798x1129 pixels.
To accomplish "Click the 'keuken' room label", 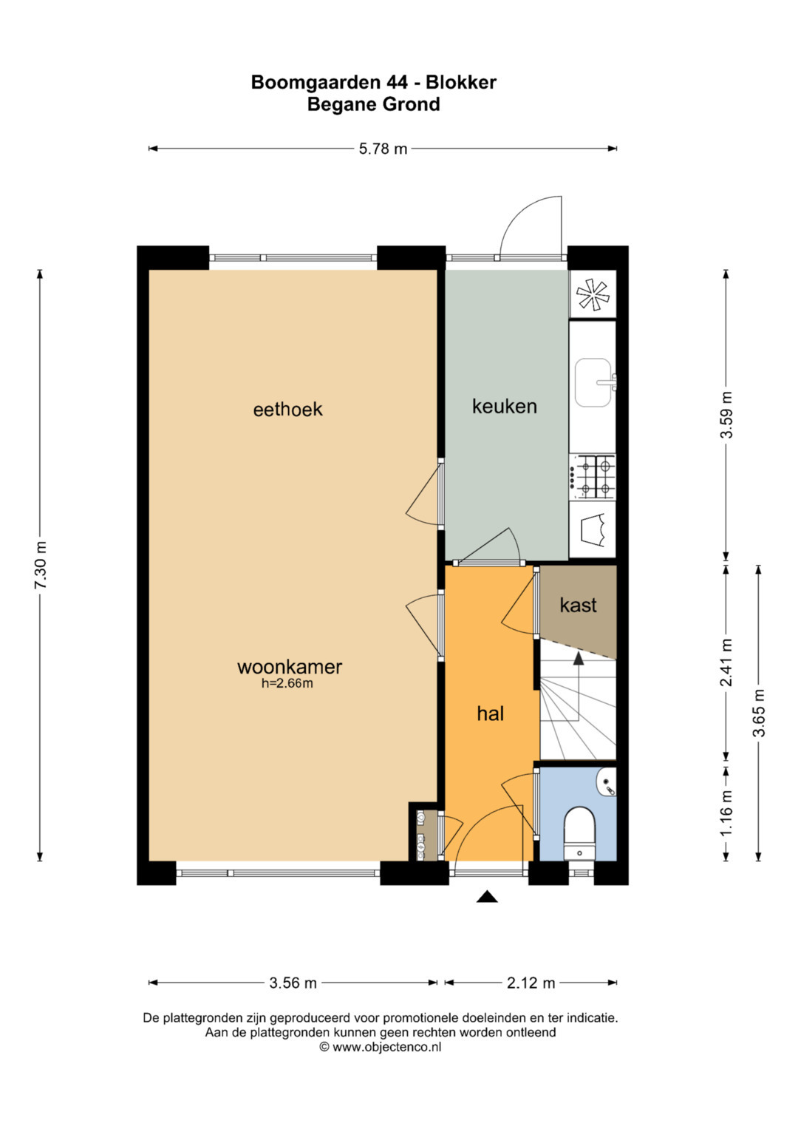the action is click(x=504, y=406).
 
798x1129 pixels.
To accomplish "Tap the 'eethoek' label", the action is click(x=287, y=410).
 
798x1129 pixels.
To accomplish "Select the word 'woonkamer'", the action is click(x=290, y=667).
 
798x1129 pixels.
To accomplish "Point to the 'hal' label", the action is click(x=490, y=713).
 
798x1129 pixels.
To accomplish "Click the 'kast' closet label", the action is click(x=579, y=606).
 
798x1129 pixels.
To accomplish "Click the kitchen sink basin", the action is click(x=593, y=382).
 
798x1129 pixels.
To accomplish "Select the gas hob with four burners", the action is click(x=593, y=477).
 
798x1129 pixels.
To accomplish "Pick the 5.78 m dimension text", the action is click(x=383, y=149).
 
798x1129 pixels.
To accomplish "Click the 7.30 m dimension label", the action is click(x=41, y=565).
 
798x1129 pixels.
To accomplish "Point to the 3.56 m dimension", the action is click(x=293, y=983).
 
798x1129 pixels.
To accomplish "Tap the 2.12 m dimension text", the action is click(x=531, y=983).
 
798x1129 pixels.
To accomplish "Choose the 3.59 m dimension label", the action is click(x=726, y=415).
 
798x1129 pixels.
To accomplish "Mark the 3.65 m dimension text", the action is click(x=759, y=713).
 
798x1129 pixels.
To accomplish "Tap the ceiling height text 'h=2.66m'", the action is click(x=287, y=683).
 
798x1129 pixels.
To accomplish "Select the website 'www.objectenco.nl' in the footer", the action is click(x=387, y=1047).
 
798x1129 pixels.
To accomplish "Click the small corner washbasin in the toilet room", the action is click(x=607, y=783).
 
